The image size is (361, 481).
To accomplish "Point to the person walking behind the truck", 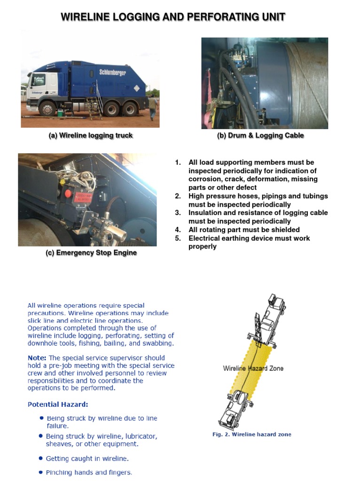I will pyautogui.click(x=153, y=108).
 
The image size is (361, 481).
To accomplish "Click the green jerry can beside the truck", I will pyautogui.click(x=60, y=113).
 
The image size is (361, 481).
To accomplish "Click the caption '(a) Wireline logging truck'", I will pyautogui.click(x=91, y=136).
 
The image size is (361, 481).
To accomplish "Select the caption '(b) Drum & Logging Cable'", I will pyautogui.click(x=260, y=136).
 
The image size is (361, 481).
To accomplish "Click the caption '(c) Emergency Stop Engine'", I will pyautogui.click(x=91, y=253).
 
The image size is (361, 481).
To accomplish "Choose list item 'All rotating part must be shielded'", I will pyautogui.click(x=244, y=230).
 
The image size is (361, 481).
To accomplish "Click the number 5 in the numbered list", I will pyautogui.click(x=178, y=238).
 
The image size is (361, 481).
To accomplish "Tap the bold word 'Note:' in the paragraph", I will pyautogui.click(x=37, y=358).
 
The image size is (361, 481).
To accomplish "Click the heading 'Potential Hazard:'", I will pyautogui.click(x=58, y=404).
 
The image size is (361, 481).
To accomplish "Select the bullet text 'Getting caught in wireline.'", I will pyautogui.click(x=87, y=458).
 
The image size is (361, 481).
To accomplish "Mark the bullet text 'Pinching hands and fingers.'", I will pyautogui.click(x=89, y=473).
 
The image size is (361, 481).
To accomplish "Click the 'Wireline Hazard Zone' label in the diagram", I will pyautogui.click(x=253, y=368).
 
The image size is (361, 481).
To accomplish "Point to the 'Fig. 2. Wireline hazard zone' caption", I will pyautogui.click(x=251, y=434).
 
